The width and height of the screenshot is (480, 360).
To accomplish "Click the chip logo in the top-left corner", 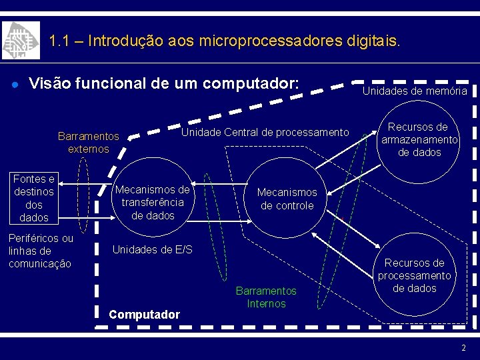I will (21, 41).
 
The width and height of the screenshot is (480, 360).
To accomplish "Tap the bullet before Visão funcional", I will (14, 85).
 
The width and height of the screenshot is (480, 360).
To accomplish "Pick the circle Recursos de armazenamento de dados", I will (419, 140).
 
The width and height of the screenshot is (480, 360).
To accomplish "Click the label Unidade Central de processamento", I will (265, 133).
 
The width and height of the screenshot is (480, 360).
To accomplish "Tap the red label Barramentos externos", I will (88, 143).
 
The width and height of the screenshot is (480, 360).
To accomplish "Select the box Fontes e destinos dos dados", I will (34, 198).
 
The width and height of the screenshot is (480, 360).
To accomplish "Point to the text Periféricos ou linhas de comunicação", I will (41, 251).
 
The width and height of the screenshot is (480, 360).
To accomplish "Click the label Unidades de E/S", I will (152, 249).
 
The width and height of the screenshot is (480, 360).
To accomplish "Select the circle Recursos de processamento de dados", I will (414, 275).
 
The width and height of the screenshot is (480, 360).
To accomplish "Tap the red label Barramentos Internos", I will (266, 297).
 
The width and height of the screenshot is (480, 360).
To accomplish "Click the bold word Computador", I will (144, 314).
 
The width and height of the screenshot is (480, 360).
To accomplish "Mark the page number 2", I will (463, 348).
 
